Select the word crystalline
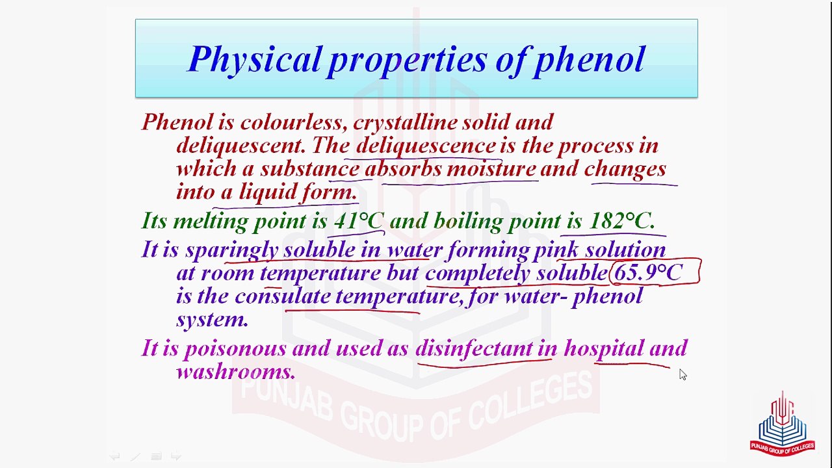click(x=405, y=122)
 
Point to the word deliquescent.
click(x=242, y=146)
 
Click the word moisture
click(x=491, y=169)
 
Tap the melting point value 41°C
click(x=358, y=221)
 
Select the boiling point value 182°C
click(x=621, y=221)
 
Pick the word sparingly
click(x=231, y=250)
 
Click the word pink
click(x=556, y=250)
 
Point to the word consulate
click(x=283, y=296)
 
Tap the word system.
click(x=212, y=319)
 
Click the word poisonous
click(x=235, y=348)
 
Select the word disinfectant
click(x=474, y=348)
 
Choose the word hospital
click(x=603, y=348)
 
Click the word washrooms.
click(x=235, y=372)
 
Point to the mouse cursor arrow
click(x=682, y=374)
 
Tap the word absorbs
click(x=403, y=169)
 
